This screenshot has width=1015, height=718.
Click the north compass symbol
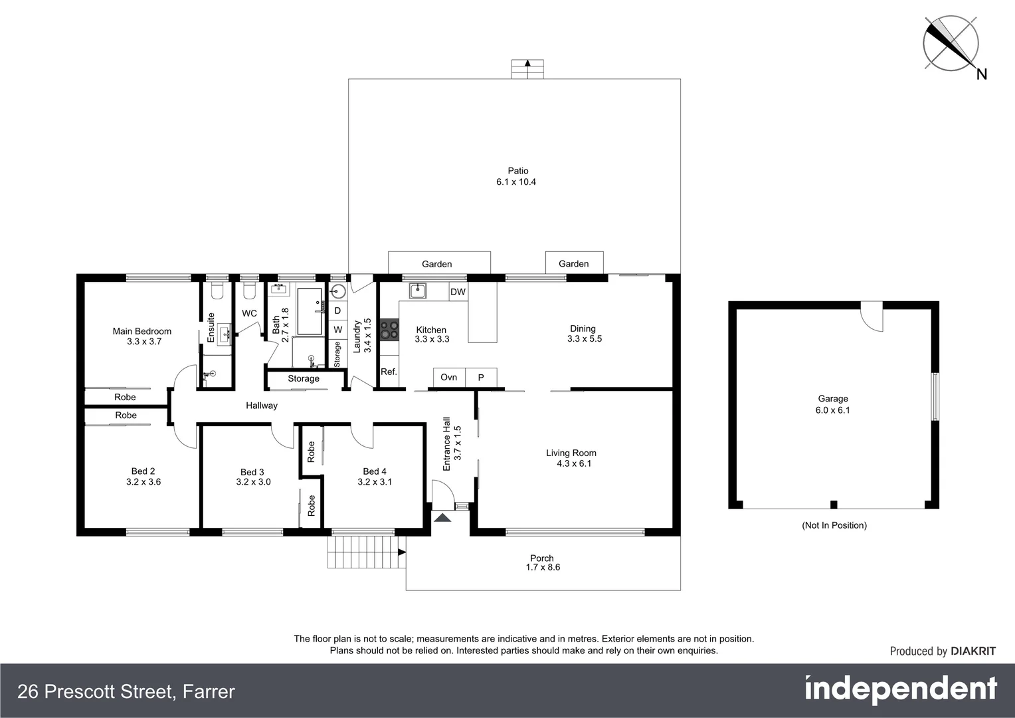pyautogui.click(x=951, y=44)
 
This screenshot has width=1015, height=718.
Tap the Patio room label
pyautogui.click(x=518, y=171)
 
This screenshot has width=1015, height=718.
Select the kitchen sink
pyautogui.click(x=417, y=291)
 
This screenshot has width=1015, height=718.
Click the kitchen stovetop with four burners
pyautogui.click(x=389, y=330)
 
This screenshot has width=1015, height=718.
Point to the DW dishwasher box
pyautogui.click(x=458, y=292)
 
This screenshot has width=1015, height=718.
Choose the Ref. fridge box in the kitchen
pyautogui.click(x=389, y=372)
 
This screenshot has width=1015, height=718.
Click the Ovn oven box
pyautogui.click(x=449, y=378)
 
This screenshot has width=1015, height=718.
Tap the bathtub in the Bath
pyautogui.click(x=309, y=311)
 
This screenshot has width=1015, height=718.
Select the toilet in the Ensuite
pyautogui.click(x=217, y=291)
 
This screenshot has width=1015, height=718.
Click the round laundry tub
pyautogui.click(x=338, y=291)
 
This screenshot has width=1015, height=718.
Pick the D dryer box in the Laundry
pyautogui.click(x=337, y=310)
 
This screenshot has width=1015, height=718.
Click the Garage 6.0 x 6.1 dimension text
pyautogui.click(x=833, y=410)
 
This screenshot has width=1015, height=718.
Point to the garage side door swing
pyautogui.click(x=872, y=316)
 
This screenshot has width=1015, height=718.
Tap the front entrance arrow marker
pyautogui.click(x=442, y=518)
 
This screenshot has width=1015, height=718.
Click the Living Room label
pyautogui.click(x=571, y=453)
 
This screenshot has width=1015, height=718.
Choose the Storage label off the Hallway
pyautogui.click(x=304, y=379)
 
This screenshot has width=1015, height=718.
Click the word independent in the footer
pyautogui.click(x=901, y=689)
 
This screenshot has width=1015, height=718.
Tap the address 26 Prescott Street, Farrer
pyautogui.click(x=126, y=692)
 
